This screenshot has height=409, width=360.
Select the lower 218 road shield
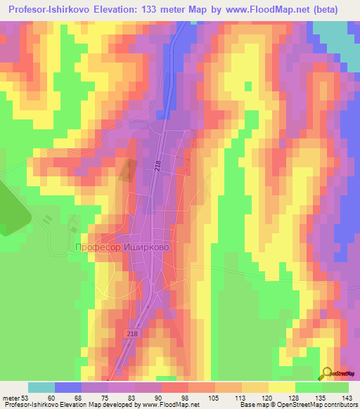[x=134, y=334]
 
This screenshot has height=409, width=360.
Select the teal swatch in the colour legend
[x=41, y=387]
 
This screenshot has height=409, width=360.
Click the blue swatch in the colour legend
[x=68, y=387]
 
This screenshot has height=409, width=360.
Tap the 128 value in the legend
[x=280, y=397]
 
